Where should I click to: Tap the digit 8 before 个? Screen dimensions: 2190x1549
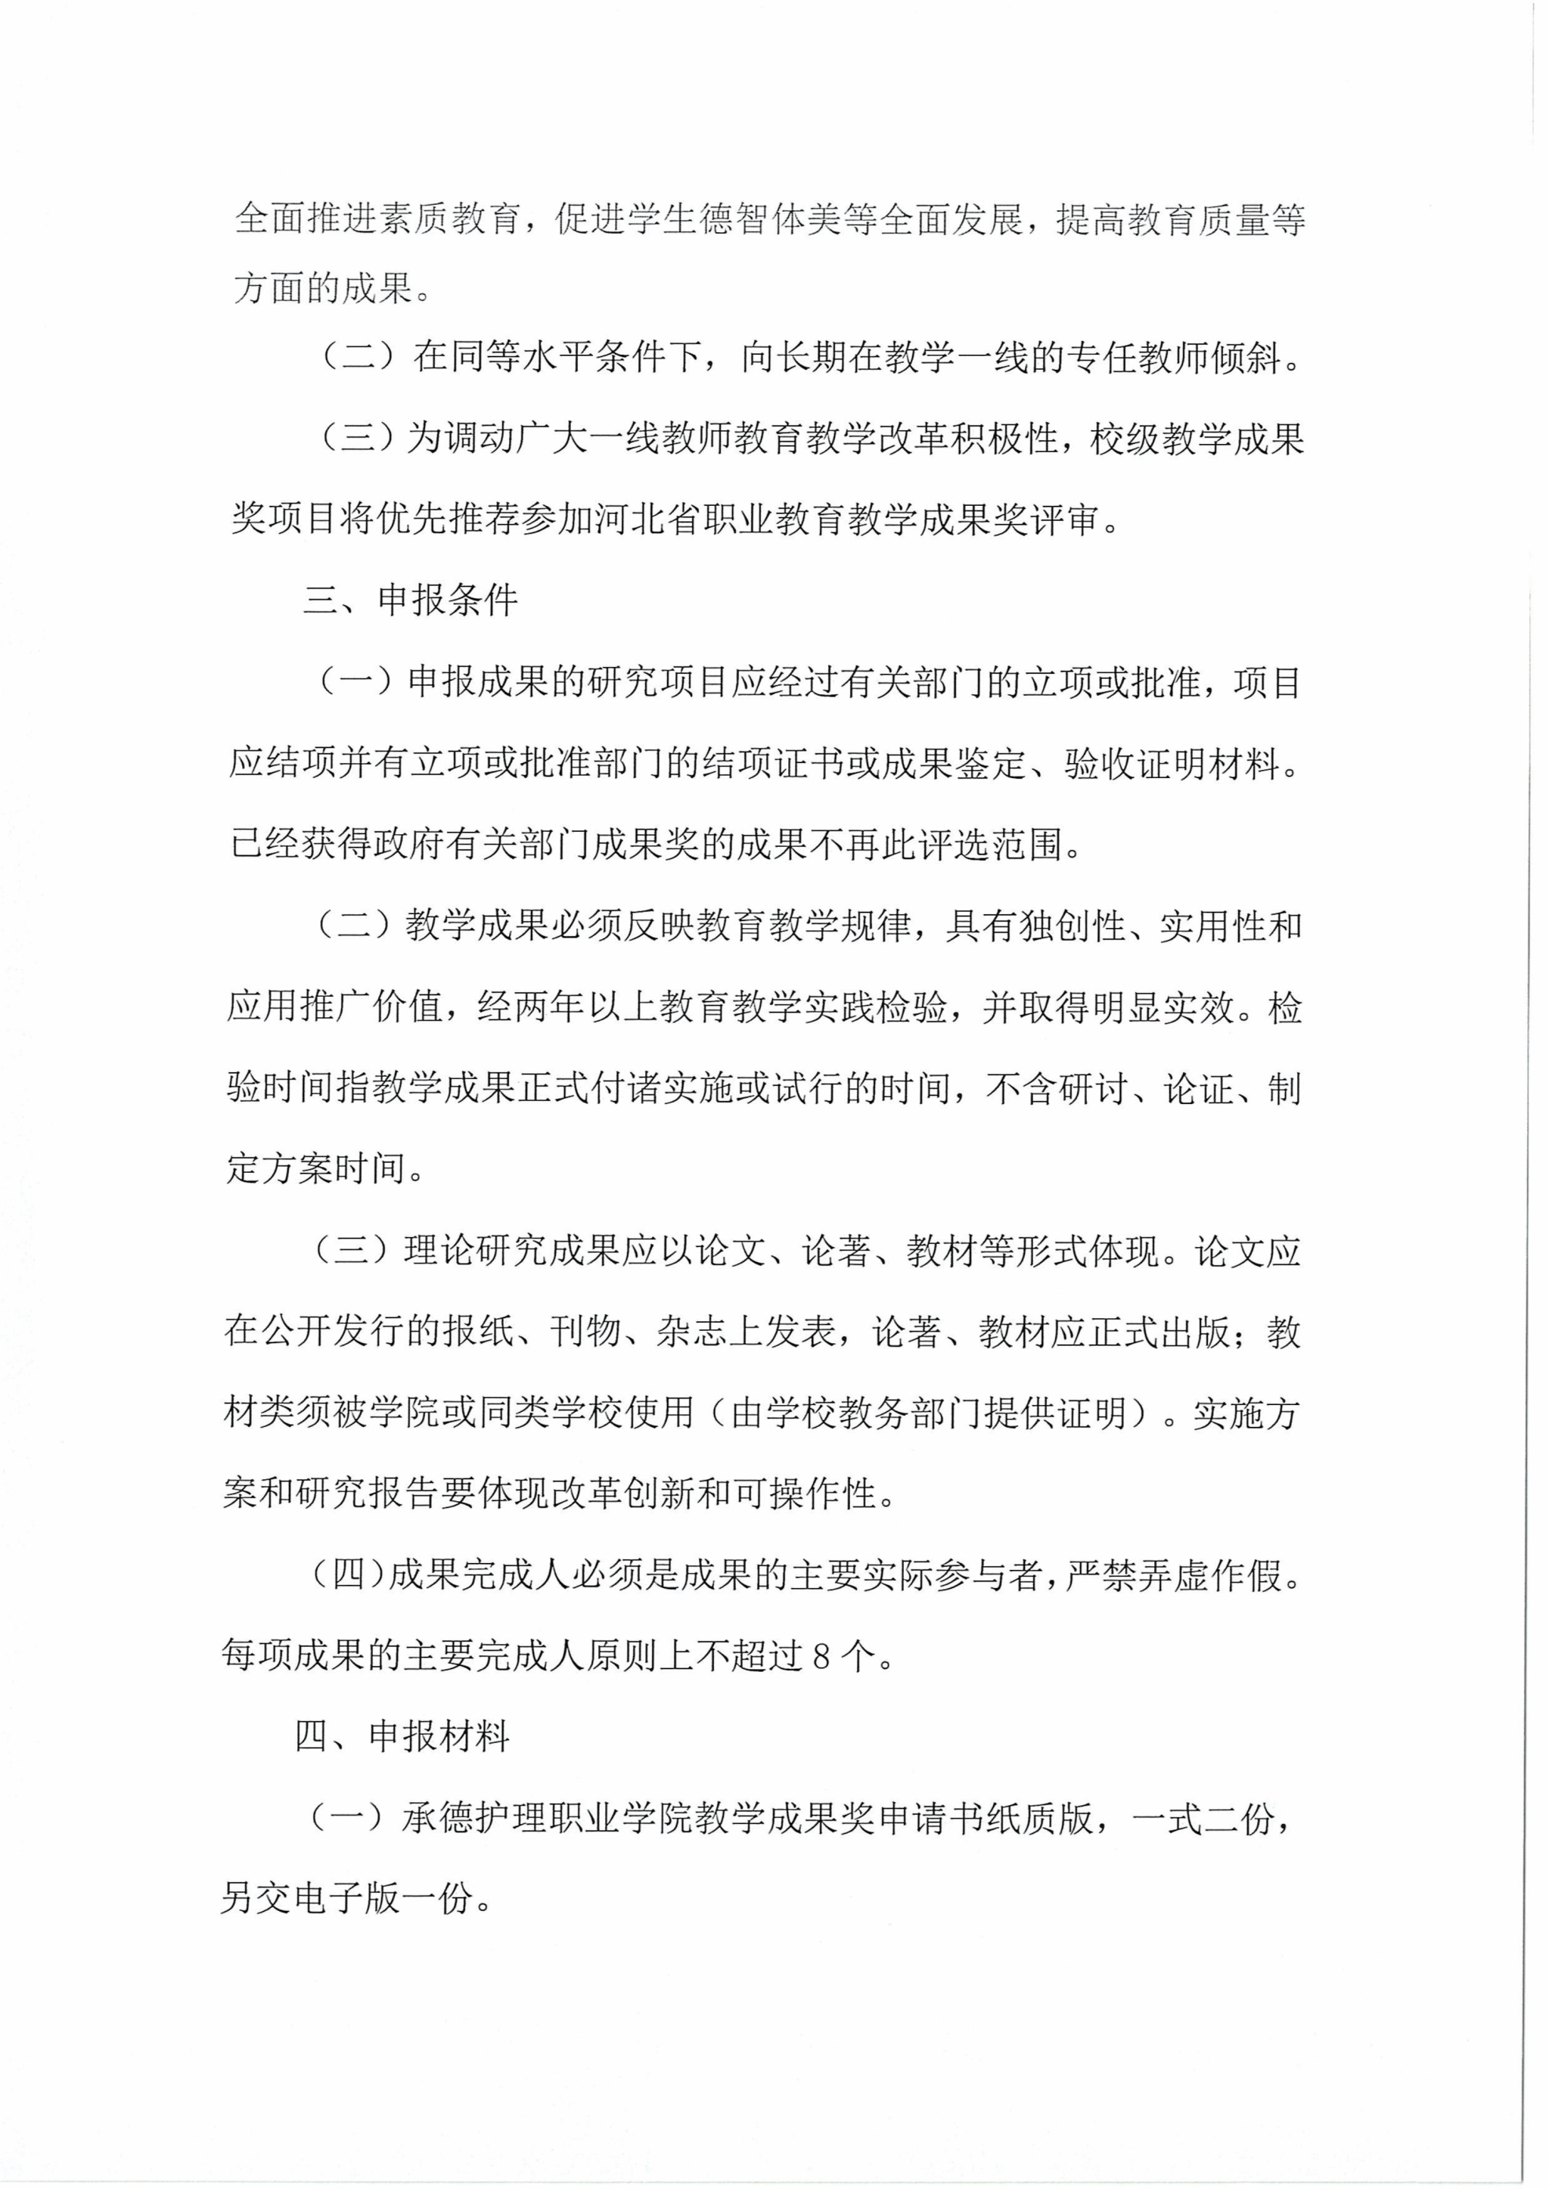pyautogui.click(x=823, y=1658)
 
